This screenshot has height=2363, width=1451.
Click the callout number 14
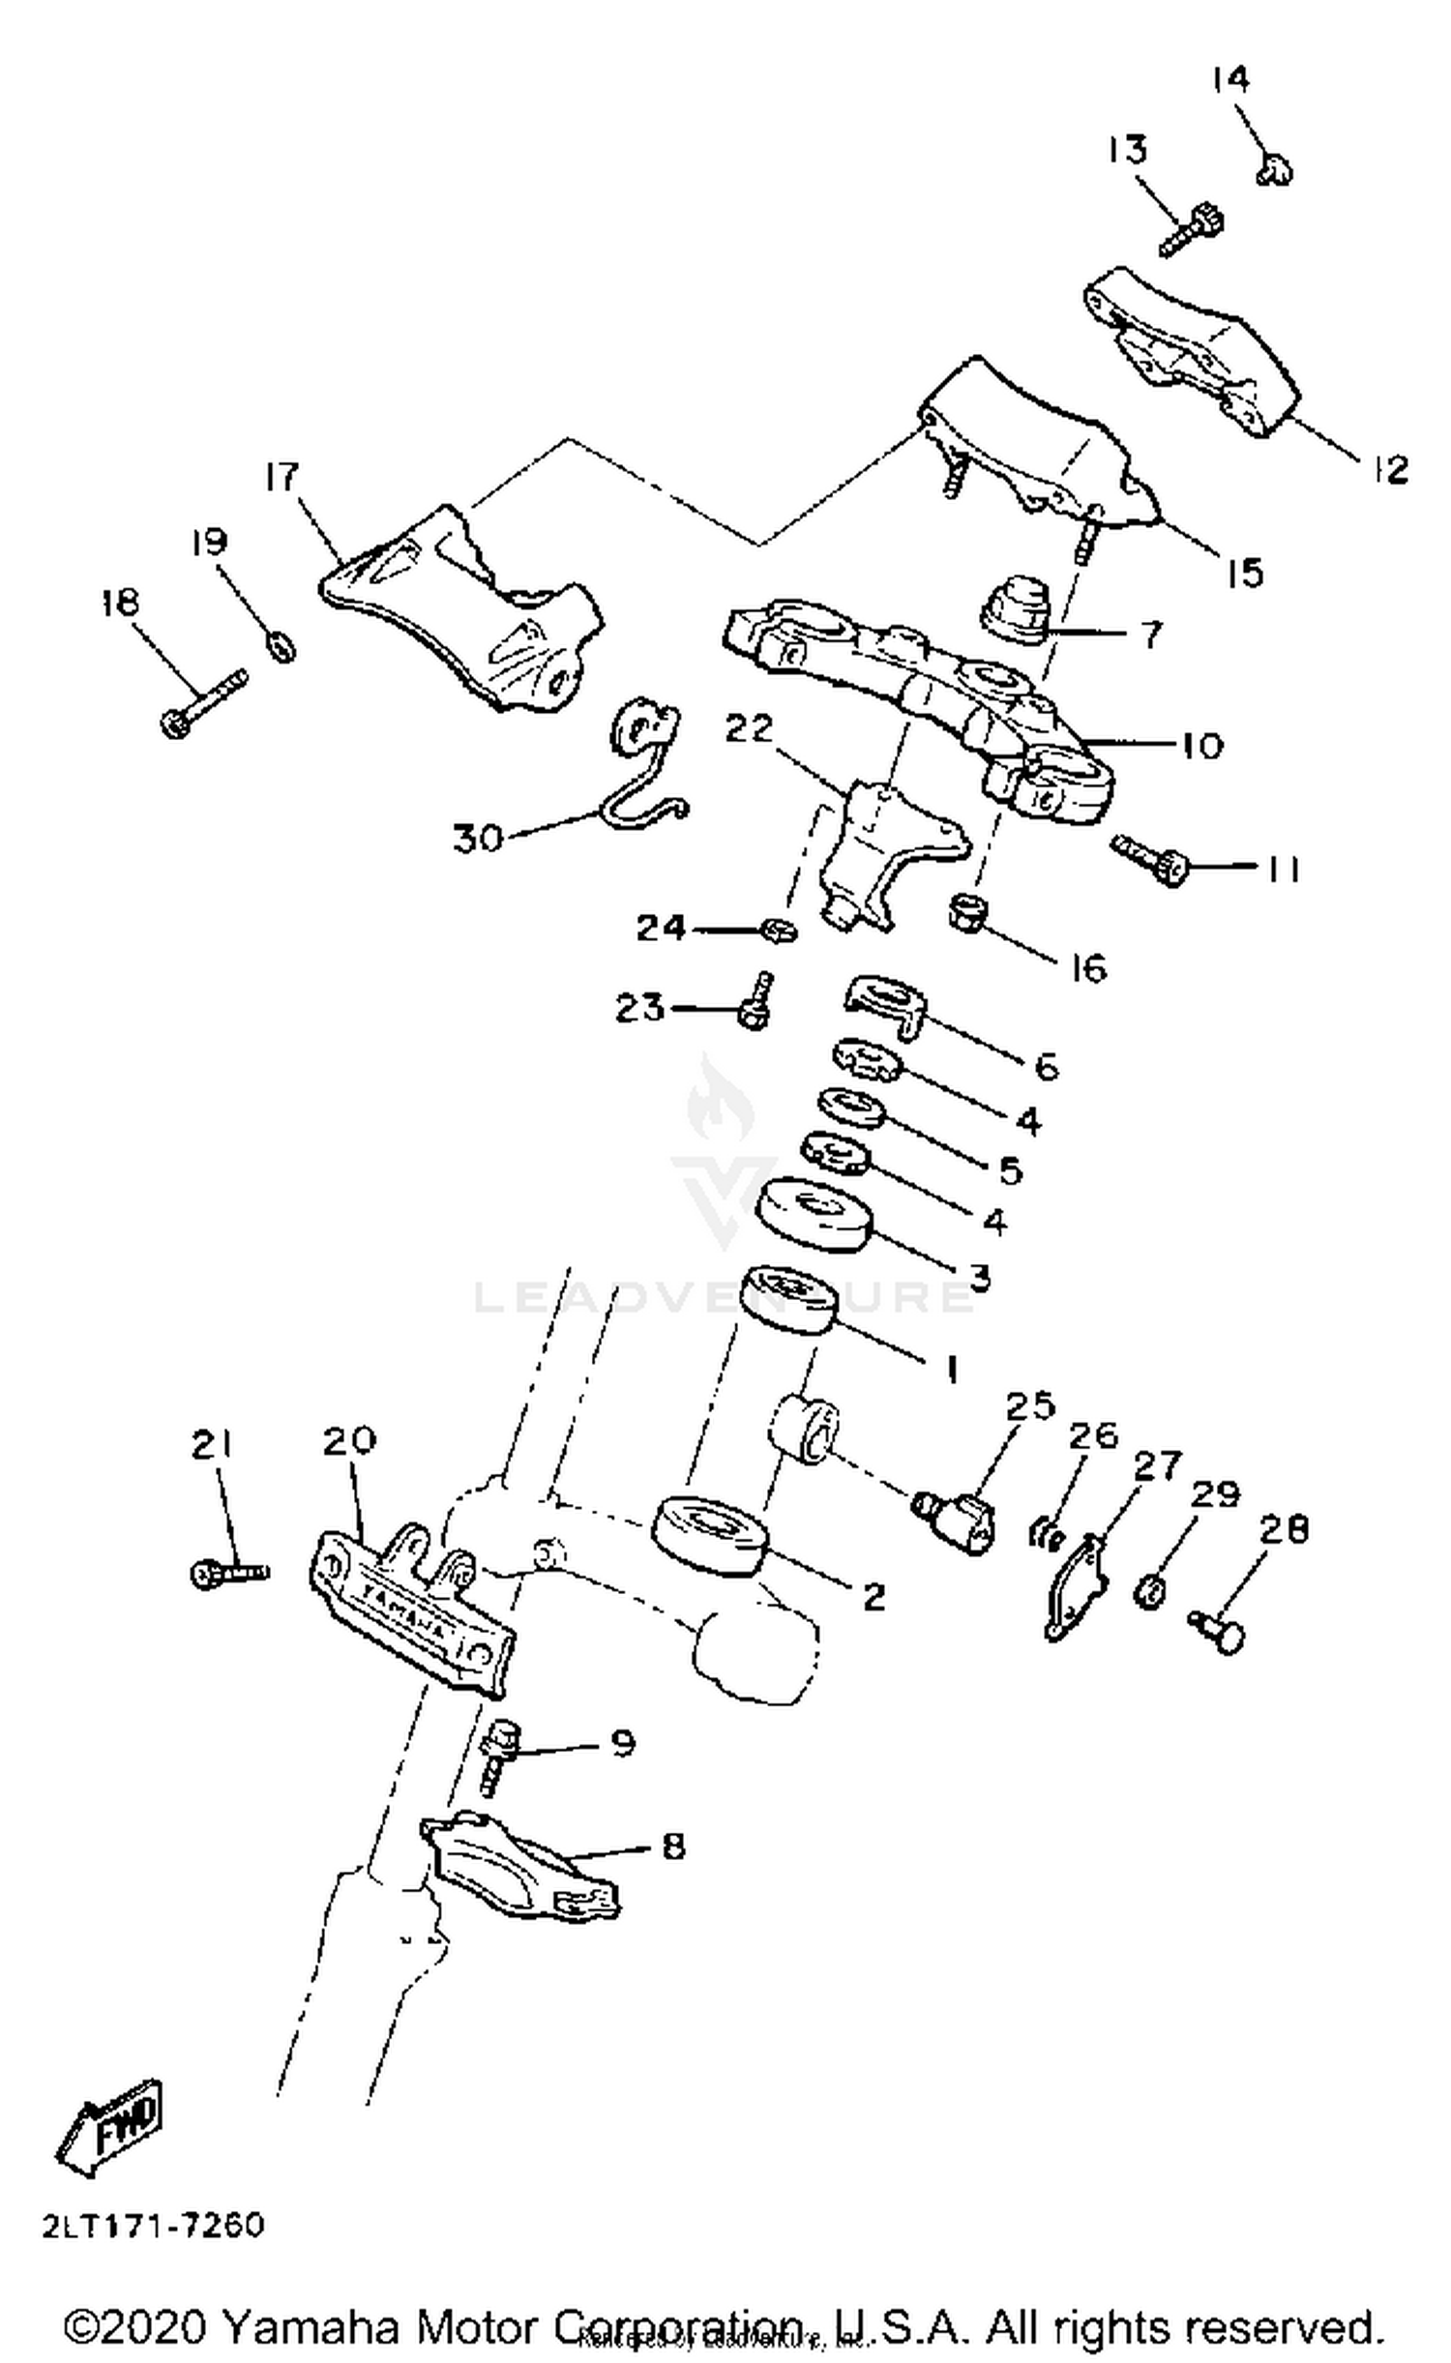point(1230,78)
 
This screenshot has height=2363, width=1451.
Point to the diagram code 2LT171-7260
point(153,2227)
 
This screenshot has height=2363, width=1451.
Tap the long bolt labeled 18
point(202,704)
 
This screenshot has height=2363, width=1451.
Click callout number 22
point(749,728)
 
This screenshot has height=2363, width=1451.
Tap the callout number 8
point(672,1846)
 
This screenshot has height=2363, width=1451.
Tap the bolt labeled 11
point(1151,857)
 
